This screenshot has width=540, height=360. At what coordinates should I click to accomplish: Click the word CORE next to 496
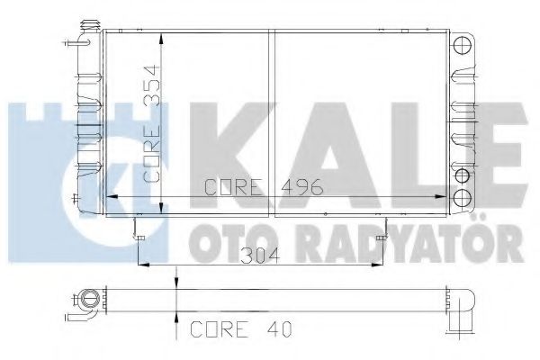(234, 188)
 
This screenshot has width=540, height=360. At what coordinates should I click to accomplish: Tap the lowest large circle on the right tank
(463, 197)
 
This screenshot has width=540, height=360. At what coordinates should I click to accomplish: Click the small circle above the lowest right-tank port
(463, 175)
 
